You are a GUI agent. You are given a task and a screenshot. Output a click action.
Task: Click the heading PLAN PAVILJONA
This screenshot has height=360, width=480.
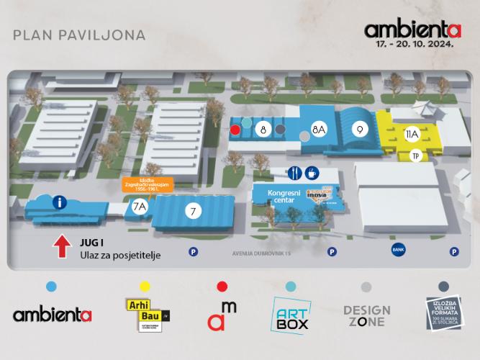(x=79, y=35)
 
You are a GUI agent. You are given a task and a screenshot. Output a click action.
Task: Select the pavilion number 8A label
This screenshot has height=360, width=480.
(x=319, y=130)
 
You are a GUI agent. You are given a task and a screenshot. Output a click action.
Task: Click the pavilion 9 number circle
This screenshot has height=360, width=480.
(x=358, y=130)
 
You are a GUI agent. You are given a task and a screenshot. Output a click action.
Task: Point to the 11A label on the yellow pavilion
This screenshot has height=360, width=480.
(x=412, y=133)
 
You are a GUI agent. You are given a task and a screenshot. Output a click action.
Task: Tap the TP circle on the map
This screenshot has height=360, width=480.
(x=415, y=156)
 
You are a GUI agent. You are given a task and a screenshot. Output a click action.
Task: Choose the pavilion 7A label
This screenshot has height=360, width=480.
(x=140, y=207)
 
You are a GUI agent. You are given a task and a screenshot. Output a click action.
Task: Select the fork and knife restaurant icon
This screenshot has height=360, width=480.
(x=294, y=173)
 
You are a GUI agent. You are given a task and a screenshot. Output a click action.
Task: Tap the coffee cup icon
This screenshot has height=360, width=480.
(x=312, y=173)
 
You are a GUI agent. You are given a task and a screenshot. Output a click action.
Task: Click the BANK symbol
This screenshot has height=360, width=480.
(x=398, y=250)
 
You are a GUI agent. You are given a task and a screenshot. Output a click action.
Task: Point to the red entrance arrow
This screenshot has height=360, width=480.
(x=60, y=247)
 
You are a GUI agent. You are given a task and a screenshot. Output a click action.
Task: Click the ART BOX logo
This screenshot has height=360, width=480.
(x=291, y=315)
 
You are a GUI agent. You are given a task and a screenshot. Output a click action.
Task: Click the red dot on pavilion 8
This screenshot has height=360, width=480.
(x=235, y=130)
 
